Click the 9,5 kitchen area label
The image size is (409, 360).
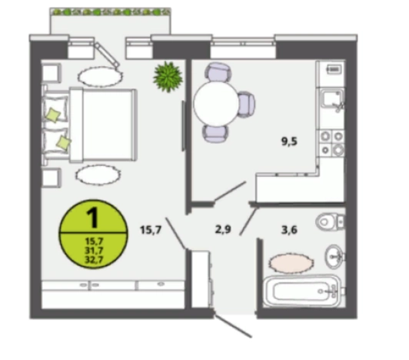pos(289,142)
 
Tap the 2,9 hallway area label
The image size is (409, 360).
pos(223,229)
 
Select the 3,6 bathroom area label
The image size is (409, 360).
pos(289,230)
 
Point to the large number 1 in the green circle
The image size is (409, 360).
pos(92,218)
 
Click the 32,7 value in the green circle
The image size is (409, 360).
pos(94,260)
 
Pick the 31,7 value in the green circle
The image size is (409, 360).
pos(94,250)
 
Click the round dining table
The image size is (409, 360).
pos(216,103)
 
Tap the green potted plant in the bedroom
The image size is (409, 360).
pos(168,76)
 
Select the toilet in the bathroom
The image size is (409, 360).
pos(331,222)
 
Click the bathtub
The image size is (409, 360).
pos(302,291)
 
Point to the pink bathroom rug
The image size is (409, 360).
pos(291,263)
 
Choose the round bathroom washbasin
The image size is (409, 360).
pos(334,257)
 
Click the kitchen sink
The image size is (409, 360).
pos(331,98)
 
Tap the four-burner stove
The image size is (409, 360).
pos(332,143)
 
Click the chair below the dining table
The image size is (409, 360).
pos(215,133)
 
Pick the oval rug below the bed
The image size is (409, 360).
pos(98,175)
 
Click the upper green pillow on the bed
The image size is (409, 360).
pos(54,115)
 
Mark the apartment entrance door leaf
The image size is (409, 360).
pos(232,326)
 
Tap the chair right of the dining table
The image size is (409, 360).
pos(246,104)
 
